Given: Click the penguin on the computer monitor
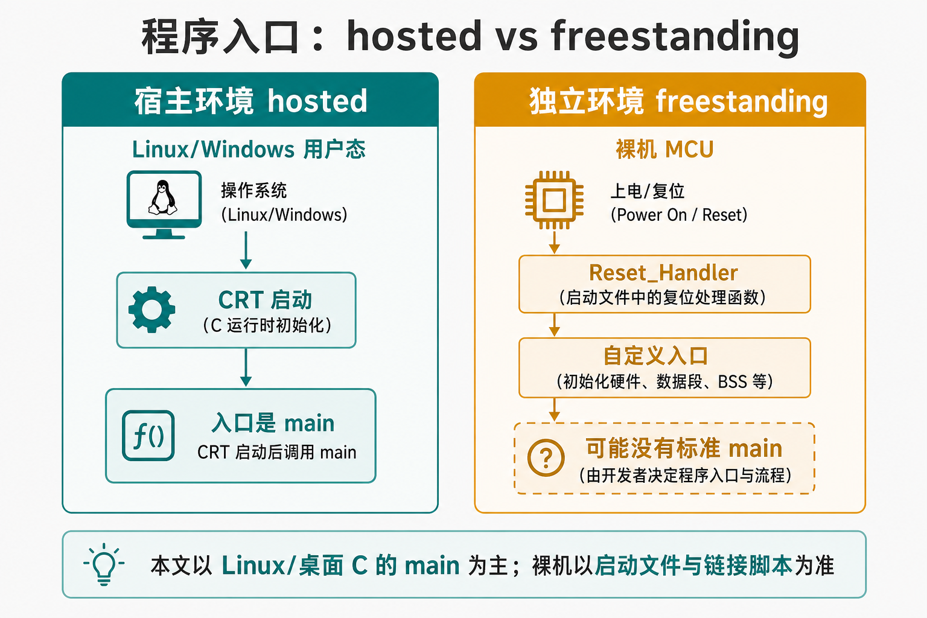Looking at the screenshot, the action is [162, 197].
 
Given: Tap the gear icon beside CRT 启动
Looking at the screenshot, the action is [152, 310].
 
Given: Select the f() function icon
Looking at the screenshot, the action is [148, 436].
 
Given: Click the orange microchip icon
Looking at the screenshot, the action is [554, 200].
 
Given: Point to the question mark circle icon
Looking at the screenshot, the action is [546, 458].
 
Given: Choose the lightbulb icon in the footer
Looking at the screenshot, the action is [104, 564].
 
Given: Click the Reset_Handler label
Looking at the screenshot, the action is [663, 273].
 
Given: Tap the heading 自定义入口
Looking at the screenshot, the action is [655, 356].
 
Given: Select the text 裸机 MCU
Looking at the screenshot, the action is [664, 150].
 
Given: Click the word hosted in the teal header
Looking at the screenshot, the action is [317, 101].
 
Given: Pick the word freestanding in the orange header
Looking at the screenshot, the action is [742, 102].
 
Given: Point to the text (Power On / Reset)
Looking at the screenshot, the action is [679, 215].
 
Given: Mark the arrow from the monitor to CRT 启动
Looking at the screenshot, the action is [246, 250].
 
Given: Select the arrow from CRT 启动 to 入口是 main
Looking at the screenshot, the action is [246, 368].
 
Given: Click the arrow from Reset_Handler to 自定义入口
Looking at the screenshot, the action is [554, 325].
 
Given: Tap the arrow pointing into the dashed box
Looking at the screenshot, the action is [554, 410].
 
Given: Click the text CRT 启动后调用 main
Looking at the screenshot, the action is [277, 453].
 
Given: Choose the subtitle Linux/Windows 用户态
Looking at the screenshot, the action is [249, 150].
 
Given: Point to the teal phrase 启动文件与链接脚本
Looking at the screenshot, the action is [693, 565].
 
